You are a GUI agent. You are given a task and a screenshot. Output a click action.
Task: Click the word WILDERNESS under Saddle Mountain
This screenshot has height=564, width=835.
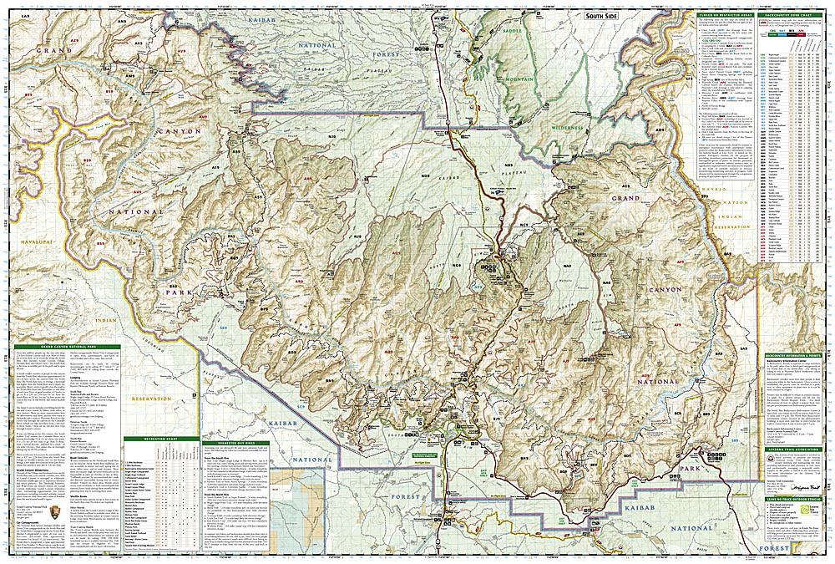click(x=571, y=127)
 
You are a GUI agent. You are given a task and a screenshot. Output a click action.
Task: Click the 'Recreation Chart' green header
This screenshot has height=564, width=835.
click(x=159, y=438)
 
